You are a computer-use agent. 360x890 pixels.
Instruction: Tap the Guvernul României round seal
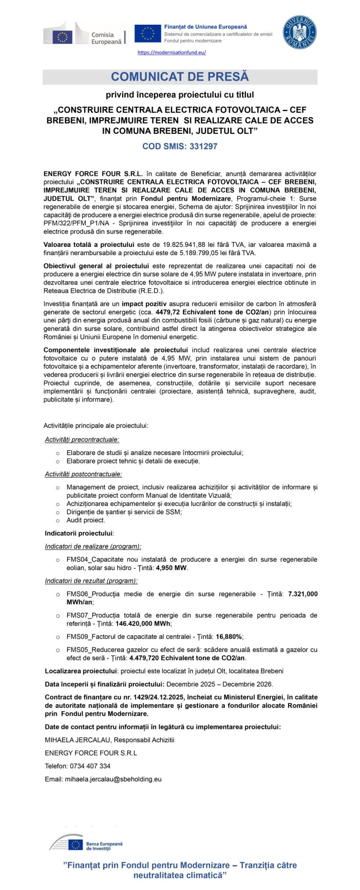299,32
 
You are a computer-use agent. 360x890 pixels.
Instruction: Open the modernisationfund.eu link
172,53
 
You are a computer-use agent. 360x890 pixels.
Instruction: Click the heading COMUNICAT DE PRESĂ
180,77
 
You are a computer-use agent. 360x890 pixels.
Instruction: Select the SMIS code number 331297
203,146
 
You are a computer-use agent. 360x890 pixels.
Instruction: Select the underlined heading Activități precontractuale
82,440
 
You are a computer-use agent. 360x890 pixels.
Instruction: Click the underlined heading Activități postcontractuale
84,474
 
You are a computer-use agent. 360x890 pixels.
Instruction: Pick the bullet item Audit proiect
86,520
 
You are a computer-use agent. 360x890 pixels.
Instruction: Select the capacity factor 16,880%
229,636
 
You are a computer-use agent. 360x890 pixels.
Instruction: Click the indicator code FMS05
78,650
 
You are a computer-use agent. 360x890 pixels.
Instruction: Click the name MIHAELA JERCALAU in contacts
78,740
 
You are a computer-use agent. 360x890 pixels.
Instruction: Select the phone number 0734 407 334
90,766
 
